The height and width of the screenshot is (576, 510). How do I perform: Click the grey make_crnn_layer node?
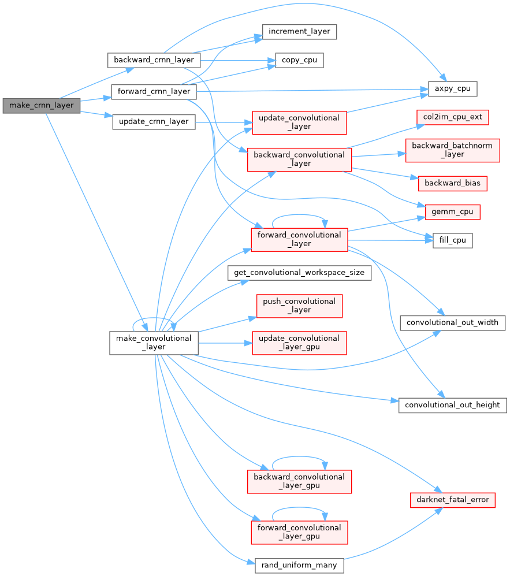(41, 106)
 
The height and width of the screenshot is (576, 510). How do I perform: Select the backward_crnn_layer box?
(154, 60)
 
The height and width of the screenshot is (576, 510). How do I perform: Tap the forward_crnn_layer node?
(154, 91)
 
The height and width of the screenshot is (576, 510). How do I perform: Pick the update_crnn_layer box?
(154, 121)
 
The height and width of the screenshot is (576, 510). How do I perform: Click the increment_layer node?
(299, 31)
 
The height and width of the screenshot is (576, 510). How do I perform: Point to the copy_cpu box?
(299, 60)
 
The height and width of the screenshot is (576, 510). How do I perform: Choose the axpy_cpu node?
(452, 90)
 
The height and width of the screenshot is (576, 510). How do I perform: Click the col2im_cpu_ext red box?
(453, 117)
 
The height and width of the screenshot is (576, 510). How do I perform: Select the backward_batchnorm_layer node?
(452, 150)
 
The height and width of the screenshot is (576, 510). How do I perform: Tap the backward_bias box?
(452, 183)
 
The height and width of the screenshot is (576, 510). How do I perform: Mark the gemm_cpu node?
(452, 211)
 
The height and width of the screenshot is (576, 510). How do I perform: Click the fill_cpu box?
(453, 240)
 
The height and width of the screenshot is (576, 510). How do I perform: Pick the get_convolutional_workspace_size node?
(299, 272)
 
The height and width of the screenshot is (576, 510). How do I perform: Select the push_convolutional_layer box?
(299, 306)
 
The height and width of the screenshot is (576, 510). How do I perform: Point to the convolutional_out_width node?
(453, 322)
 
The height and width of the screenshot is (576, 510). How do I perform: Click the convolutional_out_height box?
(453, 404)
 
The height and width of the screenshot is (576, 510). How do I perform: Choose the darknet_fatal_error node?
(452, 499)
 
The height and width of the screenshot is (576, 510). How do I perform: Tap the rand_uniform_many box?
(299, 564)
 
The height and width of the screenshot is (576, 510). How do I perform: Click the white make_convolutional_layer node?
(154, 343)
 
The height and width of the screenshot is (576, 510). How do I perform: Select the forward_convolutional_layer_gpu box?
(299, 532)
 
